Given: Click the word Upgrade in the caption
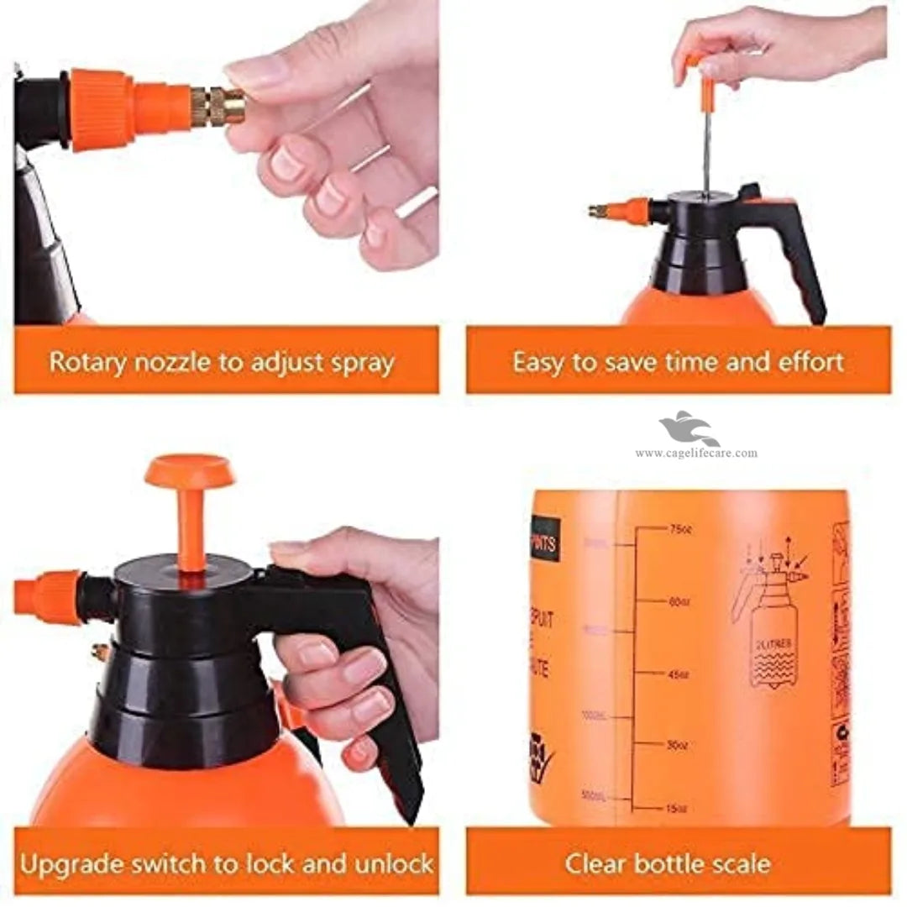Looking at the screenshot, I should click(80, 862).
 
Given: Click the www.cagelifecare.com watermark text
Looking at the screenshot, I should click(695, 453).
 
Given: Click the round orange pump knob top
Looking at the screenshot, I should click(189, 470).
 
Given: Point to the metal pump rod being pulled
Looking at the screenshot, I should click(706, 151).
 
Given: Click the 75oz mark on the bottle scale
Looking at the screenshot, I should click(680, 529).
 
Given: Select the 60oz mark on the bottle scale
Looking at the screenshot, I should click(680, 601).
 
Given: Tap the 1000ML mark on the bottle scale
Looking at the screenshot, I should click(594, 716).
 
